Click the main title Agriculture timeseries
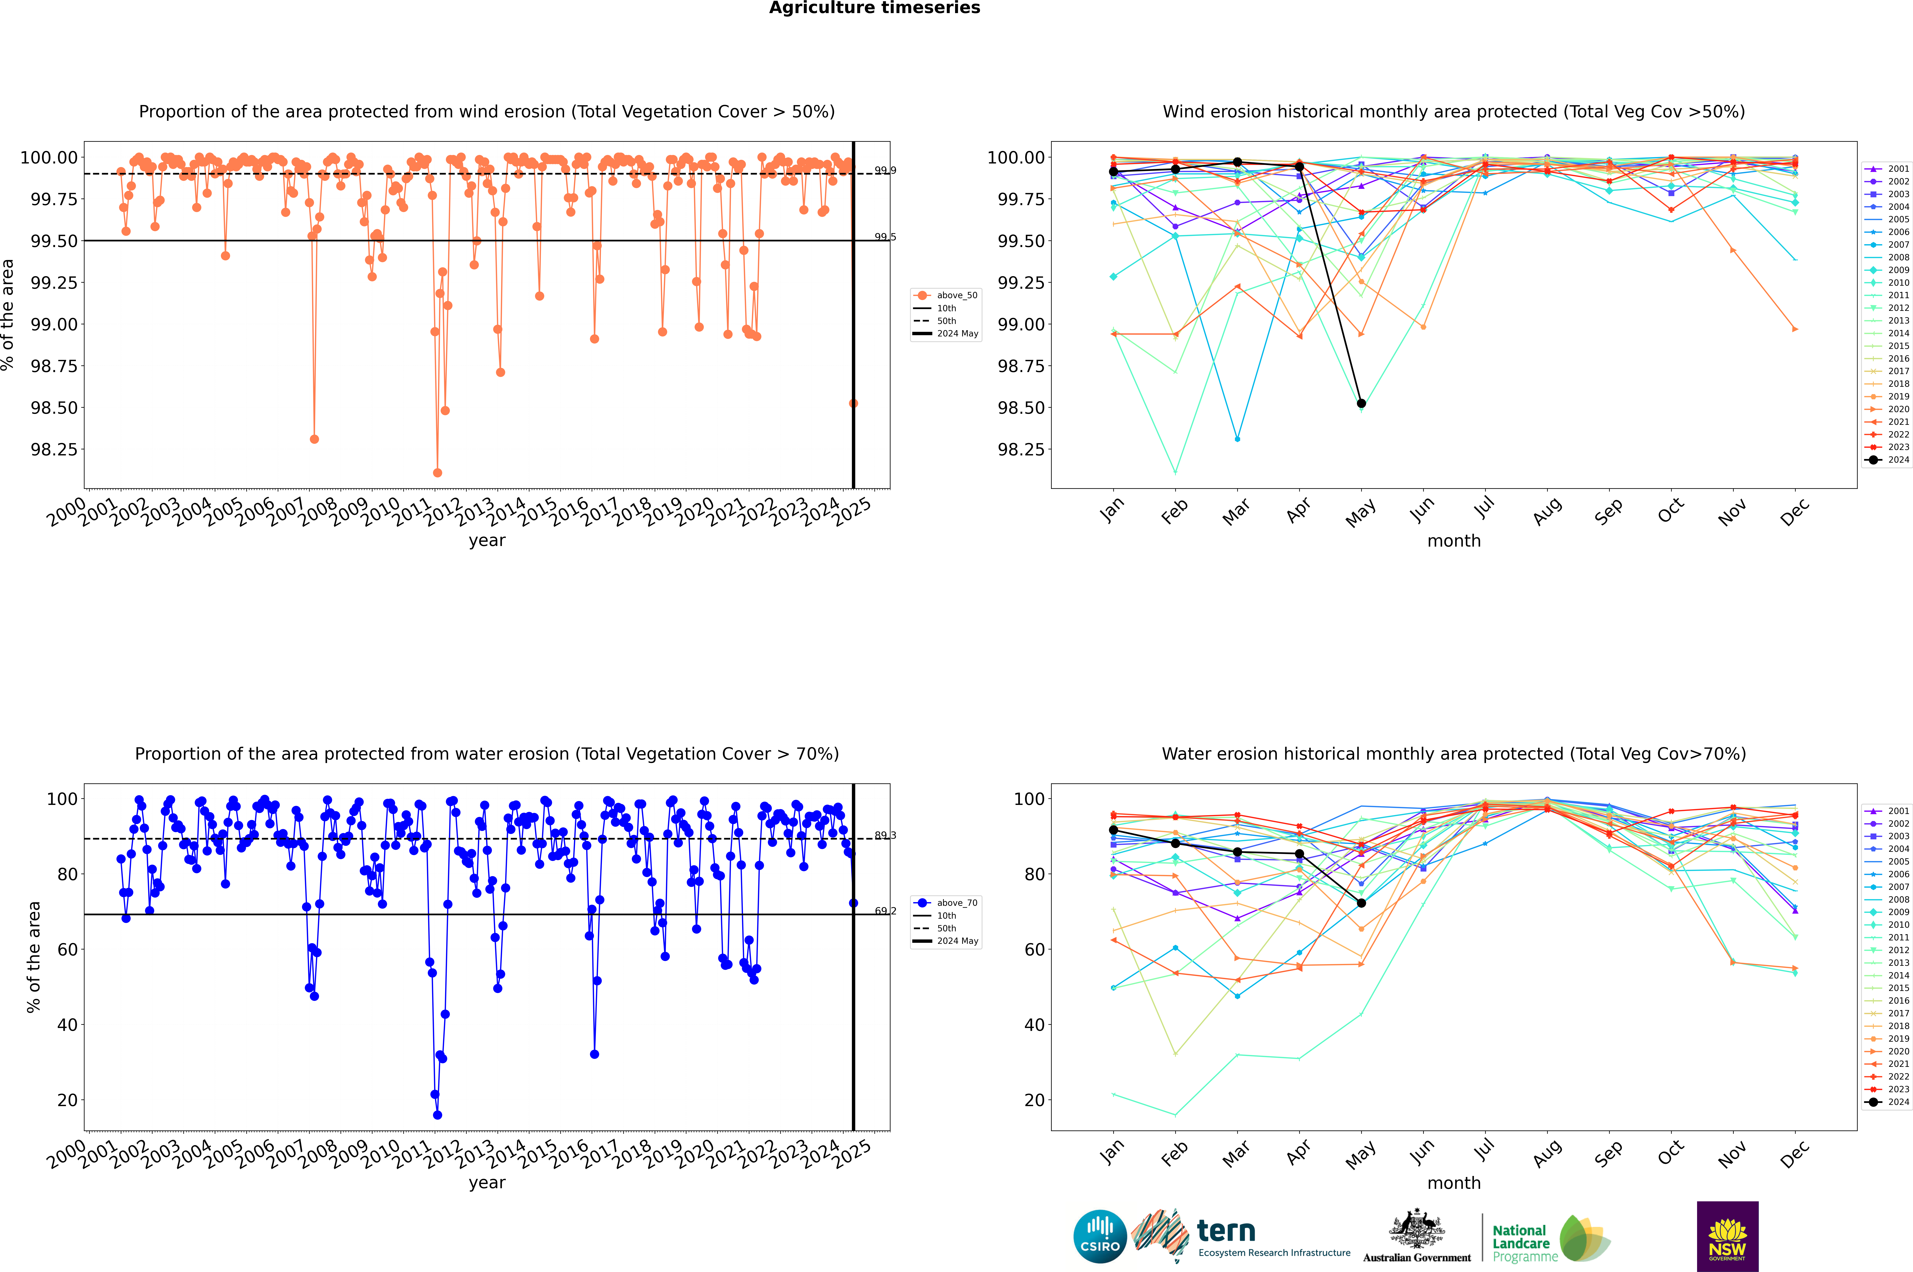pos(874,8)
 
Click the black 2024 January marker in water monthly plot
pos(1113,830)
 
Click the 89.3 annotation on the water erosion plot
pos(885,836)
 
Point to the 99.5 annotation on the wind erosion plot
pos(885,237)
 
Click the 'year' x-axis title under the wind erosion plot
pos(487,540)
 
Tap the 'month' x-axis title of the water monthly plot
pos(1453,1183)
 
